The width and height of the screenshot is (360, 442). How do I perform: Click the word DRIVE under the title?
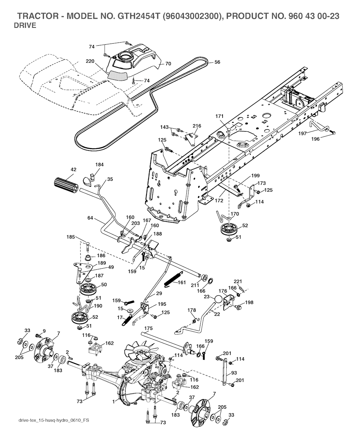pyautogui.click(x=25, y=25)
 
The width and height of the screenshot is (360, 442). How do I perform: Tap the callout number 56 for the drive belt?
pyautogui.click(x=217, y=62)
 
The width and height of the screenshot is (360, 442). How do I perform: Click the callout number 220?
pyautogui.click(x=90, y=61)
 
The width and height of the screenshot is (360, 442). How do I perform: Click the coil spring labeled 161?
pyautogui.click(x=173, y=279)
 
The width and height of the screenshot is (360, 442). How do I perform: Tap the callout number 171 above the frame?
pyautogui.click(x=219, y=116)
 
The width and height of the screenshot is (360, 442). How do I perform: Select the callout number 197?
pyautogui.click(x=302, y=134)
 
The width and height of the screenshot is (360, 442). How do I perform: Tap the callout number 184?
pyautogui.click(x=99, y=165)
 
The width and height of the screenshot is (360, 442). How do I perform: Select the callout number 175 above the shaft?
pyautogui.click(x=148, y=328)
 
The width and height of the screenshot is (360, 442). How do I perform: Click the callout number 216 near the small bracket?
pyautogui.click(x=197, y=126)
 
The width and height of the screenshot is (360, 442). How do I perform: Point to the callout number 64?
pyautogui.click(x=90, y=218)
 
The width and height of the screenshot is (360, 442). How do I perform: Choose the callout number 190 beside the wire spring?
pyautogui.click(x=98, y=306)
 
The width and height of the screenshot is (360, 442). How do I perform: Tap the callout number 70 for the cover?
pyautogui.click(x=168, y=64)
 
